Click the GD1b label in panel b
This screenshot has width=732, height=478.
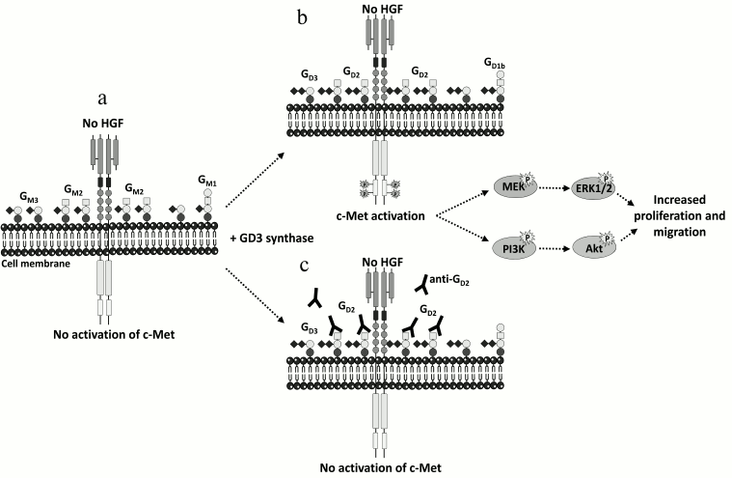click(x=494, y=64)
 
